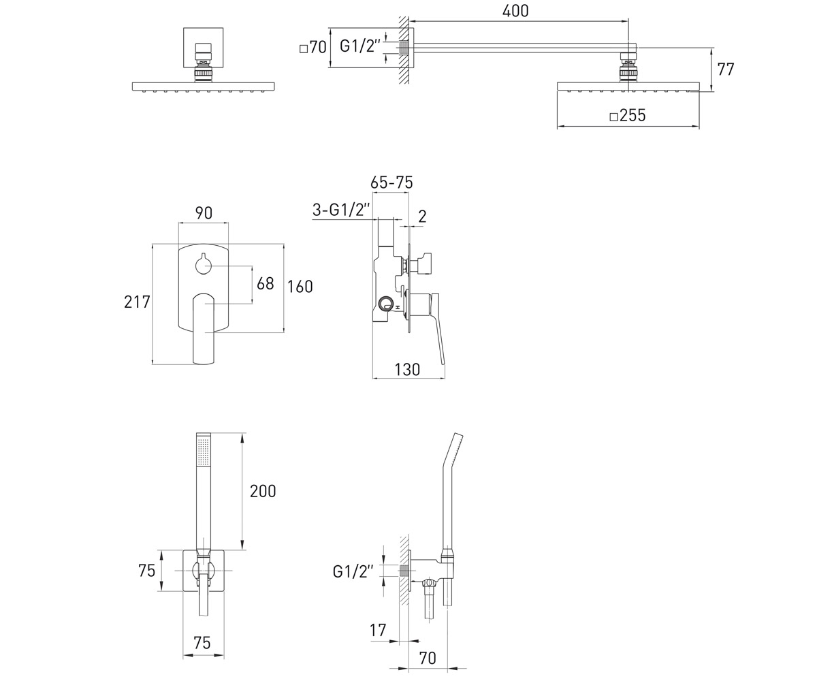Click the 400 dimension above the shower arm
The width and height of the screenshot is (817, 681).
click(x=515, y=11)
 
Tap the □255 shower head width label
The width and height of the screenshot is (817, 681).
click(x=628, y=116)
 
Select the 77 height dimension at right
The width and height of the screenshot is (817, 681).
click(x=726, y=69)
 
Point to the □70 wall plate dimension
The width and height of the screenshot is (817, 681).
click(x=313, y=48)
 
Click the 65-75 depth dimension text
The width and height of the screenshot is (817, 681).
click(x=391, y=183)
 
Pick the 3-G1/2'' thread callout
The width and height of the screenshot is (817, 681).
click(x=341, y=210)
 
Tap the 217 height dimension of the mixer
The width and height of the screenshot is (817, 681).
click(x=137, y=302)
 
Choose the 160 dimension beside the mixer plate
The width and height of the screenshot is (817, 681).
click(x=300, y=287)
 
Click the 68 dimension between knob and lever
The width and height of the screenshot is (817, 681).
click(x=266, y=284)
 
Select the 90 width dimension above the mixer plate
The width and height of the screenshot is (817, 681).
click(x=204, y=213)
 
